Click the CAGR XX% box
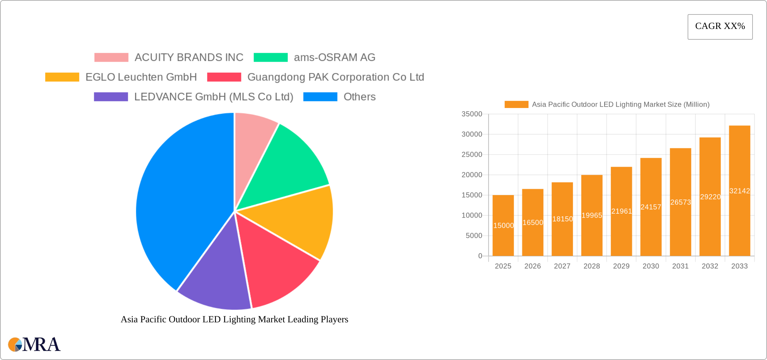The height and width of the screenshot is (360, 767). click(x=720, y=27)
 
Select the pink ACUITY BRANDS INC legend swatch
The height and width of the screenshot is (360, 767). click(x=111, y=58)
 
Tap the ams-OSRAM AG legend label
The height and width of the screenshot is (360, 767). click(x=334, y=58)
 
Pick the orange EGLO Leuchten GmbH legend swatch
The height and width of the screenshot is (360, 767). click(x=62, y=77)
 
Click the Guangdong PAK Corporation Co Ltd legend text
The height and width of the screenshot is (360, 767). click(x=335, y=77)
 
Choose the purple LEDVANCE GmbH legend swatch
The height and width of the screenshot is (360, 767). click(x=111, y=97)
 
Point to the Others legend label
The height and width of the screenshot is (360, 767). click(x=359, y=97)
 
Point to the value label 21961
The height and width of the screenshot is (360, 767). click(x=621, y=211)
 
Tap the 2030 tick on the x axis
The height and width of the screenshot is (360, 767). click(x=651, y=266)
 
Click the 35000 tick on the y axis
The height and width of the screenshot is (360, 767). click(x=472, y=114)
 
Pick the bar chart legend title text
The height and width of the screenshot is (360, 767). click(x=620, y=105)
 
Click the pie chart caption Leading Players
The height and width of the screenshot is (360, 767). click(x=234, y=319)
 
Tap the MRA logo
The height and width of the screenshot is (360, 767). click(x=34, y=345)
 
